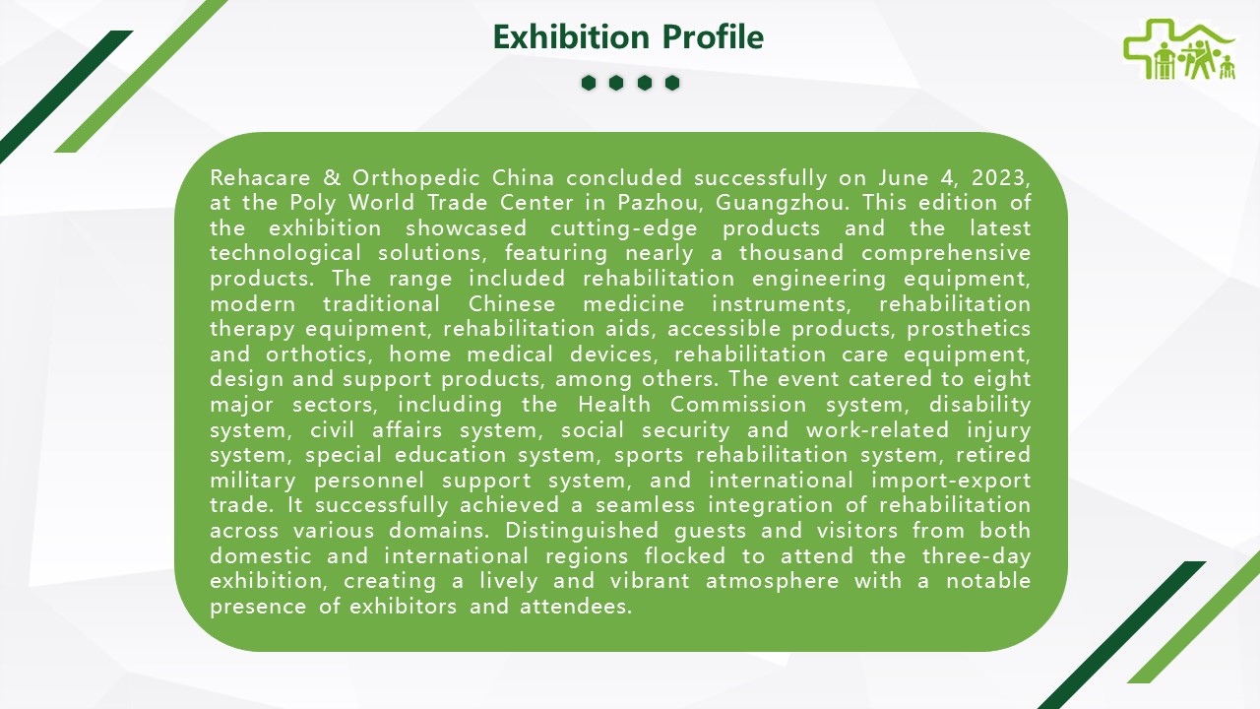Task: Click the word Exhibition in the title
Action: (x=571, y=37)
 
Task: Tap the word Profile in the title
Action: (x=713, y=37)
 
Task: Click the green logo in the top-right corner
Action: (x=1179, y=50)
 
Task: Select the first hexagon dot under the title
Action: (x=589, y=83)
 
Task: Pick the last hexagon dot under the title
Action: (x=672, y=83)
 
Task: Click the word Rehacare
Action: (x=260, y=178)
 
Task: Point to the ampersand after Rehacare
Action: (x=332, y=178)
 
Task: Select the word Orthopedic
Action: (x=416, y=179)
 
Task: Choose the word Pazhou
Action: (x=661, y=203)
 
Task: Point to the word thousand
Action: (x=791, y=253)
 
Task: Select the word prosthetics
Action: (x=969, y=330)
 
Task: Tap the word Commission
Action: (x=738, y=405)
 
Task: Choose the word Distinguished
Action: (x=582, y=531)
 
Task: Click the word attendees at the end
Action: (x=576, y=607)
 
